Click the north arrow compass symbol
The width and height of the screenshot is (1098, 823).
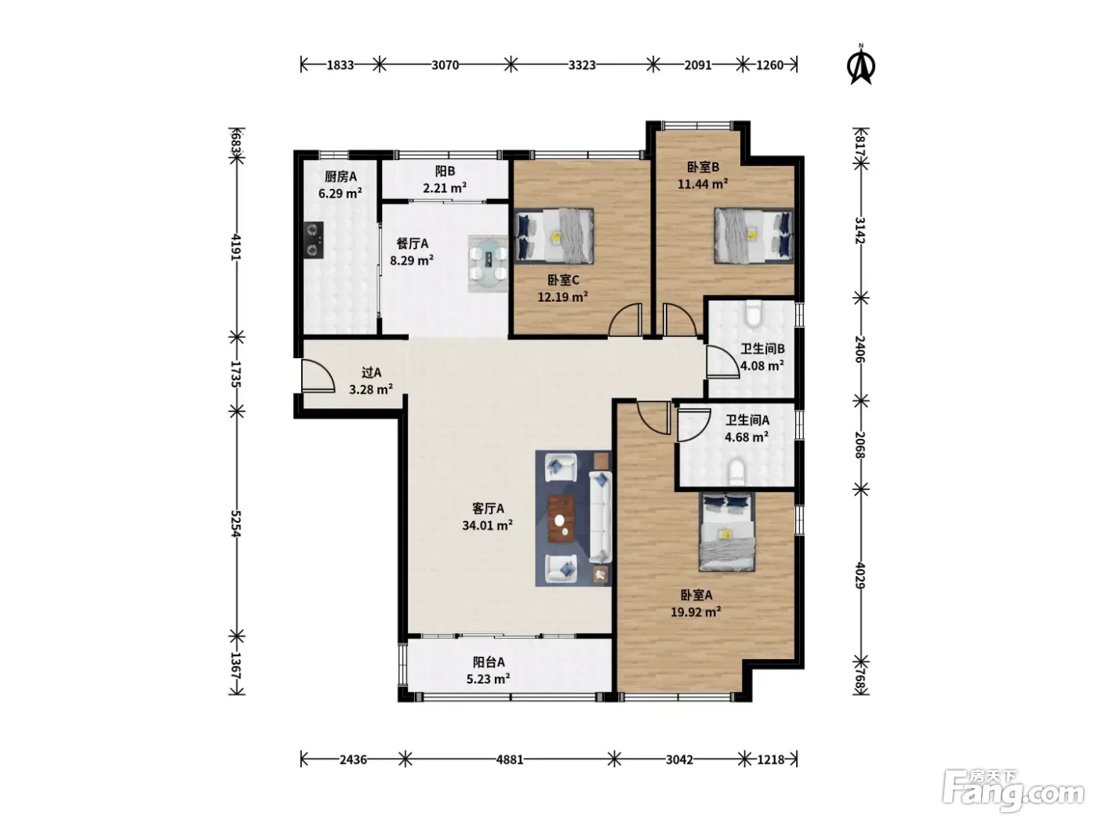[861, 65]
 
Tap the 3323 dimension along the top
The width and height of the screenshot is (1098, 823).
[582, 65]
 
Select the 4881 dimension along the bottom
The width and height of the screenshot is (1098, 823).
[510, 760]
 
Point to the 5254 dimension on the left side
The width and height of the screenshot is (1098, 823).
[236, 523]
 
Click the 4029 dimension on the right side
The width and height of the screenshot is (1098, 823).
[860, 575]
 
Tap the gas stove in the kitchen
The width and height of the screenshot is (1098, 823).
[314, 240]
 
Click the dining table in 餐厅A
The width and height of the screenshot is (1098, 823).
[489, 263]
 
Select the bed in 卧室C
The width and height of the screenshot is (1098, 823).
[554, 236]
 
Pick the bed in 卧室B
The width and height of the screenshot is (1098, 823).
[754, 235]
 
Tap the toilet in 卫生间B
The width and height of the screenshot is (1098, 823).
[753, 314]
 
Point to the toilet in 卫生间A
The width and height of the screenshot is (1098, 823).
[736, 472]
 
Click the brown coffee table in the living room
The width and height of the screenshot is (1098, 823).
[562, 519]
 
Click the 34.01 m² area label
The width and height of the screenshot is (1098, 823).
[487, 525]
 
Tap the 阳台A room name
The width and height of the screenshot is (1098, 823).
[489, 662]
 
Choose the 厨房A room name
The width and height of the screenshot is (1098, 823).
[340, 176]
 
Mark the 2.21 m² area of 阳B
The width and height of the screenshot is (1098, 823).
[445, 188]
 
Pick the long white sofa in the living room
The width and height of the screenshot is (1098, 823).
[601, 517]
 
